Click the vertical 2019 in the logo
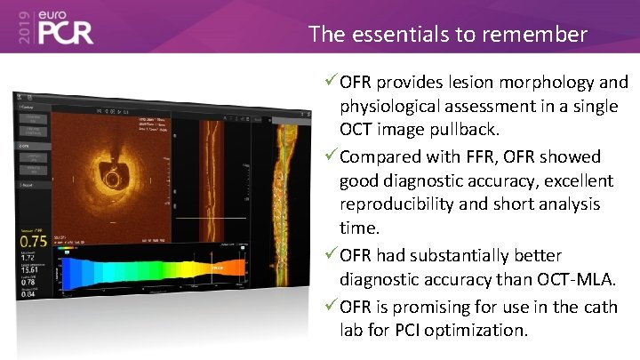pos(21,27)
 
